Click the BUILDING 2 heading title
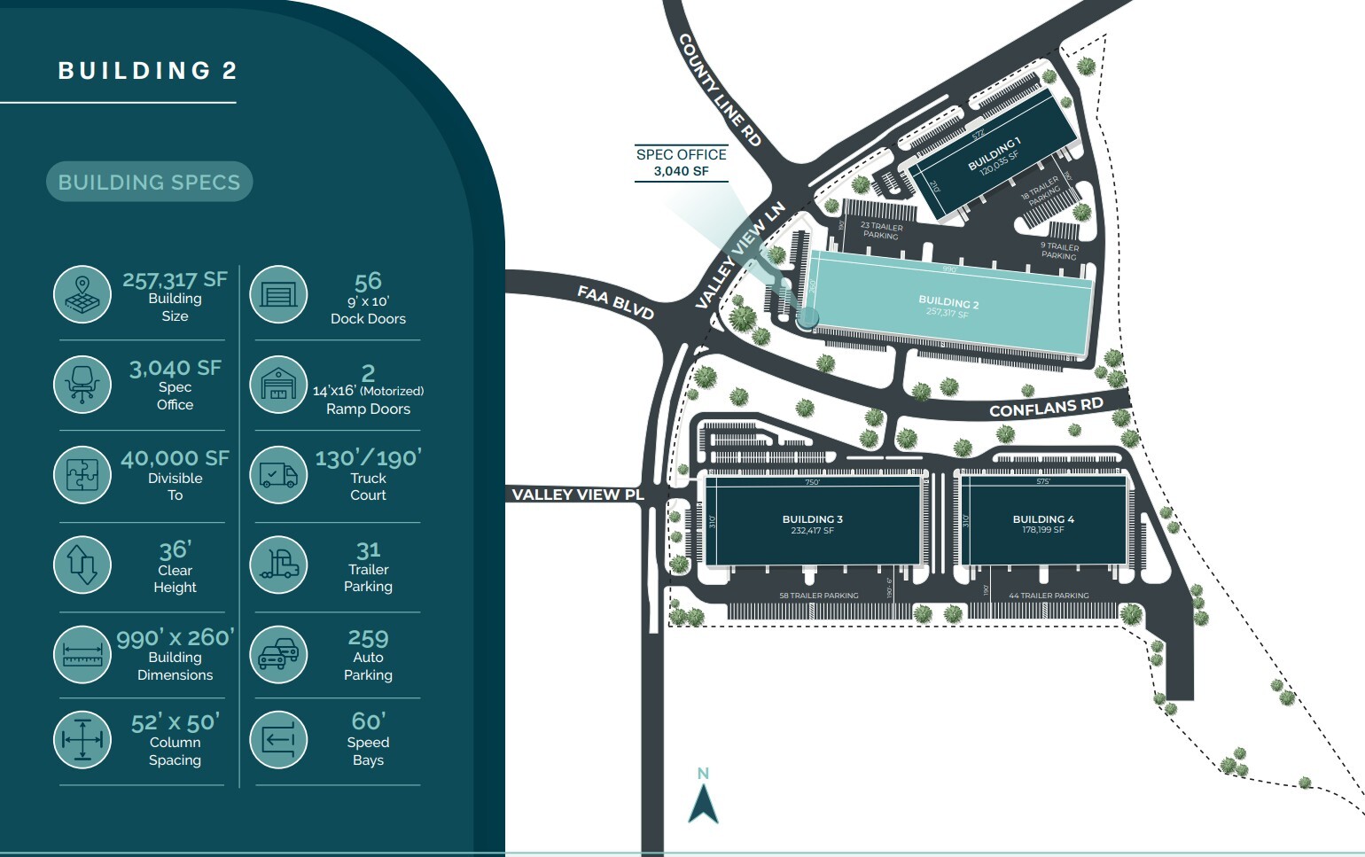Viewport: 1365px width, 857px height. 148,71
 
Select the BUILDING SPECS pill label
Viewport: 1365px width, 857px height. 149,183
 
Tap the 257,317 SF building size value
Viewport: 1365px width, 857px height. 175,280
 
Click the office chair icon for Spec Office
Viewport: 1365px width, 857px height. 82,385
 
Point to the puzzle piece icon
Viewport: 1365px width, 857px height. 82,474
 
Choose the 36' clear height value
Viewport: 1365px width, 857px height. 175,550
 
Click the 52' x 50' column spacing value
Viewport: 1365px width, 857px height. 175,723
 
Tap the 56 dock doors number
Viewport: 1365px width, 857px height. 368,282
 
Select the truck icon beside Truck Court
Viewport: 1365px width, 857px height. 278,474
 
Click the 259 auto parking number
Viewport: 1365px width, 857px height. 368,638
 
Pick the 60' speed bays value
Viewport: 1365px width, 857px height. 368,721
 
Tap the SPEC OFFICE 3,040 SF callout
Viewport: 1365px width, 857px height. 681,162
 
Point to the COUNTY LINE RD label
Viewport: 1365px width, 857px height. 720,90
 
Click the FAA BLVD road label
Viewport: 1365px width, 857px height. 615,302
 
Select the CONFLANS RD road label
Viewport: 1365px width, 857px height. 1046,408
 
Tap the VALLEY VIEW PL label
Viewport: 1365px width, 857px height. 578,495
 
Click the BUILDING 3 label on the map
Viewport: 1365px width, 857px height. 812,519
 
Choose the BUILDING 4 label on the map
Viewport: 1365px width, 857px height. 1043,519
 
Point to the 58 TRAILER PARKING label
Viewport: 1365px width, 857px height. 818,596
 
